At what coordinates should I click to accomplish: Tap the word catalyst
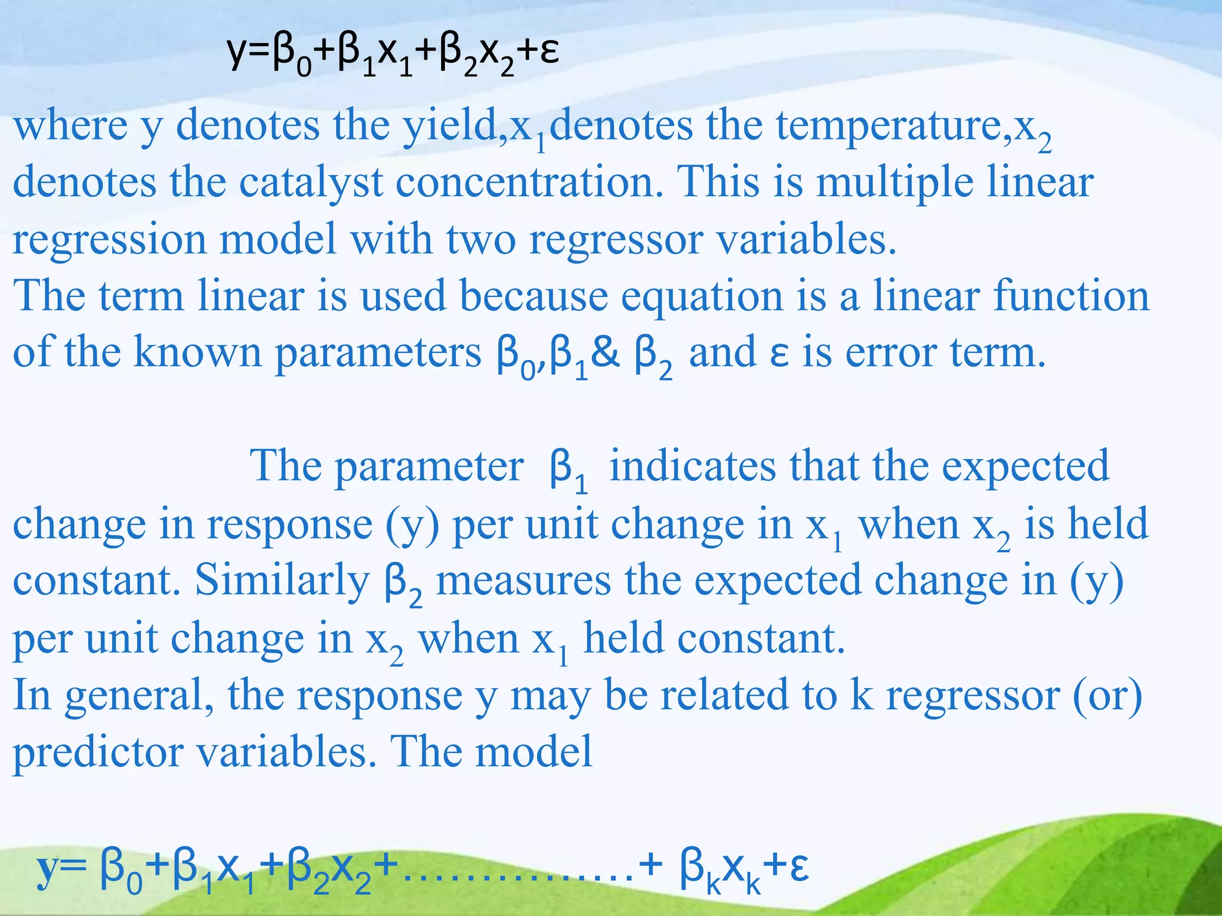pyautogui.click(x=310, y=182)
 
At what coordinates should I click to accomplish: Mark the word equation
pyautogui.click(x=702, y=297)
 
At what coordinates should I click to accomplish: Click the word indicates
pyautogui.click(x=692, y=466)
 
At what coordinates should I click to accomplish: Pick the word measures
pyautogui.click(x=523, y=581)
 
